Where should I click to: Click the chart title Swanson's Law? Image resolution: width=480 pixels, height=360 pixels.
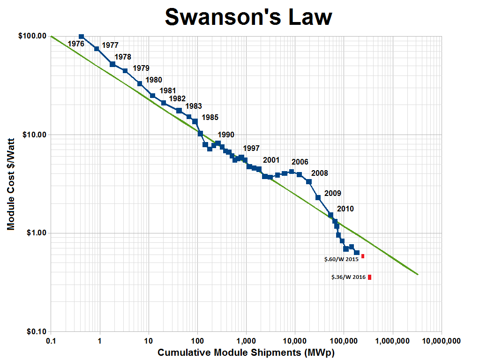(249, 17)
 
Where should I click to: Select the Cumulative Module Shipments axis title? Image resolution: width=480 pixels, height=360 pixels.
(246, 352)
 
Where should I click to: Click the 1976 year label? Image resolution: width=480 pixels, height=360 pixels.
(76, 44)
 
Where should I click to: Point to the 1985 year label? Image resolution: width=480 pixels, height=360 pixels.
(210, 117)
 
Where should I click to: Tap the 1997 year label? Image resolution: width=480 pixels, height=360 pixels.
(251, 148)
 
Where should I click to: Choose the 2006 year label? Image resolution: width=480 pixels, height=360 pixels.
(300, 162)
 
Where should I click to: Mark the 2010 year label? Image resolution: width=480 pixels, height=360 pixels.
(345, 209)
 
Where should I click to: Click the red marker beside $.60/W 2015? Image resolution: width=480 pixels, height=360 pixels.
(363, 256)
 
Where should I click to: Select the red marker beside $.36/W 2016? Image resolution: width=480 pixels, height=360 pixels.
(369, 277)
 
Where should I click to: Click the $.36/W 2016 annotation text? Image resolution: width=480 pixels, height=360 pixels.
(348, 277)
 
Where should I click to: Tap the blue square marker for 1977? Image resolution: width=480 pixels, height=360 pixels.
(97, 49)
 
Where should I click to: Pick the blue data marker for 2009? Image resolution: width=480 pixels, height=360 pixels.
(318, 198)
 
